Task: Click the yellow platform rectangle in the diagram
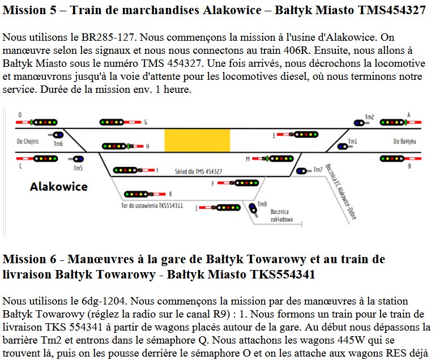[197, 140]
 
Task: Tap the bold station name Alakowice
[59, 187]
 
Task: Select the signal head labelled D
[45, 122]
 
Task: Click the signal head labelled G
[112, 122]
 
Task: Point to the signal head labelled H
[114, 146]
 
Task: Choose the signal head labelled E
[306, 135]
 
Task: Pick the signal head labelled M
[282, 158]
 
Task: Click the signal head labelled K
[136, 194]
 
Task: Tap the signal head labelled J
[228, 208]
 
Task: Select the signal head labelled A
[392, 122]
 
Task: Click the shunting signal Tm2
[359, 123]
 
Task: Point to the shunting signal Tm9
[253, 208]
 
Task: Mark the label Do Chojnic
[28, 142]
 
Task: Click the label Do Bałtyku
[405, 142]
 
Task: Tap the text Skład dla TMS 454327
[199, 172]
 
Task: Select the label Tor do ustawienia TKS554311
[152, 205]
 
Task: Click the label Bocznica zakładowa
[282, 216]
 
